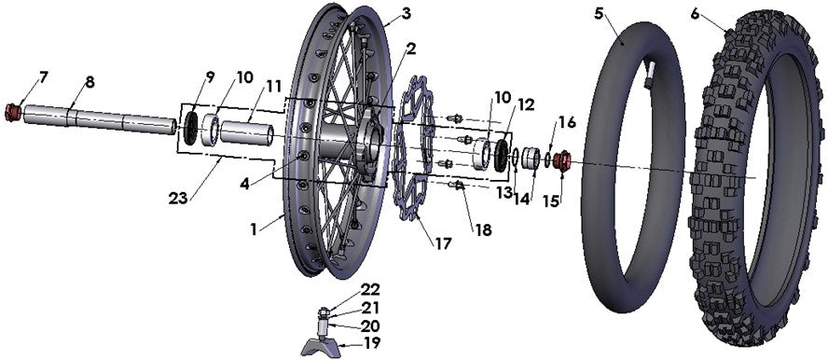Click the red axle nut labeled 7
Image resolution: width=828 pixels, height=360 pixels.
tap(14, 113)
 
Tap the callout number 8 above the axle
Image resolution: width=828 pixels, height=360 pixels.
tap(90, 82)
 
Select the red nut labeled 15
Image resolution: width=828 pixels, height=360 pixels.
tap(563, 161)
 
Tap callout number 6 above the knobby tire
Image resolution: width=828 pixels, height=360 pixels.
tap(696, 13)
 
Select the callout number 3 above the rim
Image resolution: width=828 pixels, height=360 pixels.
tap(380, 13)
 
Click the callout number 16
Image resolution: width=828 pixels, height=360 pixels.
tap(568, 122)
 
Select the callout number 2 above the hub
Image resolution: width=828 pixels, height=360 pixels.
tap(410, 47)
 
